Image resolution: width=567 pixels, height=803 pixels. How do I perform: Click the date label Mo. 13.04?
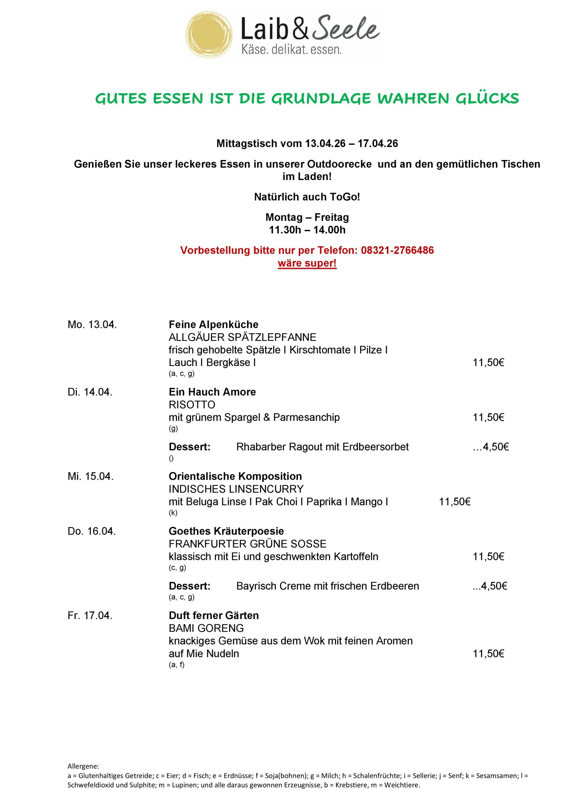tap(92, 325)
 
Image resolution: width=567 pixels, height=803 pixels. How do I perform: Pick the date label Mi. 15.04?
tap(91, 476)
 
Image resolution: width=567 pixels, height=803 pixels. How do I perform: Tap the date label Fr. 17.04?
tap(90, 615)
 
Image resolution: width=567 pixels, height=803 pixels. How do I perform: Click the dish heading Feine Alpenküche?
tap(213, 325)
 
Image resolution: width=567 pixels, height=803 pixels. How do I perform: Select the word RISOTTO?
tap(192, 405)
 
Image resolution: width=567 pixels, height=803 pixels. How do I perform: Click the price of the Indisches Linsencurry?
tap(454, 502)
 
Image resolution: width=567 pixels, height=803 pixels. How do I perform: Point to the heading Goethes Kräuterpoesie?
tap(226, 531)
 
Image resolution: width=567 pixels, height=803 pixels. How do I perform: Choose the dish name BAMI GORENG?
tap(206, 628)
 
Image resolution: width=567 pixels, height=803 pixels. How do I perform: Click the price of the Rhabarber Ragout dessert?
tap(491, 447)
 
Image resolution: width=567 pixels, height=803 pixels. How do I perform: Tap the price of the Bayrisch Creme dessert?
tap(490, 586)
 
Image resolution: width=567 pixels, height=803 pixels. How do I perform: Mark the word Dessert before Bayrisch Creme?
tap(189, 586)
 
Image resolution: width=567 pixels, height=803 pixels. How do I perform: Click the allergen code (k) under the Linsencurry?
tap(173, 513)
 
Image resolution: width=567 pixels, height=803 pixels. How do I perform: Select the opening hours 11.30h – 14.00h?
tap(307, 230)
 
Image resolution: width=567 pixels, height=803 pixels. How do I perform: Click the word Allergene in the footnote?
tap(83, 766)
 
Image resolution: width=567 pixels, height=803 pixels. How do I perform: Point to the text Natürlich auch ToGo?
tap(307, 197)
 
